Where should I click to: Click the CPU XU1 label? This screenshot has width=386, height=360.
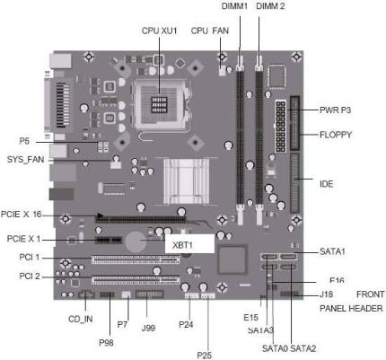159,31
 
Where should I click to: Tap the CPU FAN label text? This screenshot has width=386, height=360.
210,31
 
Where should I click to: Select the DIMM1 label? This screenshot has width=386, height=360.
234,6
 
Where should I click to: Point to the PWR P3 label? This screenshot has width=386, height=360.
335,110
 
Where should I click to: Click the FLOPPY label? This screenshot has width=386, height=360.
336,135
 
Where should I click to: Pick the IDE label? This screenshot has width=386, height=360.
326,184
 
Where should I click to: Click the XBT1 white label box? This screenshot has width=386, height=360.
189,243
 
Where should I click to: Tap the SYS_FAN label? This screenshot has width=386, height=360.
25,159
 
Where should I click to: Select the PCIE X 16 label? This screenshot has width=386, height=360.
21,215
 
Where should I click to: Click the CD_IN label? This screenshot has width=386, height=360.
81,319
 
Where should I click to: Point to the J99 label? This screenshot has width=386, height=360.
148,328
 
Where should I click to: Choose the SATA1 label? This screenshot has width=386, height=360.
332,251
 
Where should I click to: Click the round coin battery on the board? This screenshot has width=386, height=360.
136,241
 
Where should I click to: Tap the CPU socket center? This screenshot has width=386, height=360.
160,104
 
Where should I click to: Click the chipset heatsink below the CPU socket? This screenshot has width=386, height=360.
186,181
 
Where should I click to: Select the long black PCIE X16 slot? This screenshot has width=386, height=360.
140,219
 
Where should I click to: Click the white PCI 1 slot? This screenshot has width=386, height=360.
136,259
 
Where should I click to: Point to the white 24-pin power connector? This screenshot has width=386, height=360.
280,126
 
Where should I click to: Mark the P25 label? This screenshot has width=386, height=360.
205,355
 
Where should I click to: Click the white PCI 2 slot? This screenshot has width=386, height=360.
136,280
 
